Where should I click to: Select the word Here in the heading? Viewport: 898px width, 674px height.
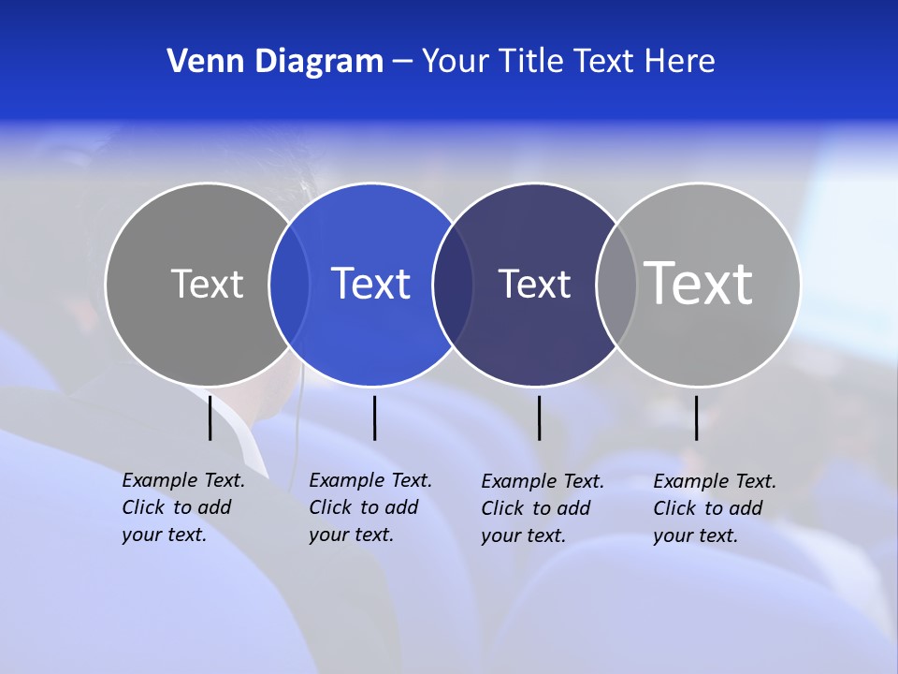[680, 62]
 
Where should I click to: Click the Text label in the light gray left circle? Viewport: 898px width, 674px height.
[207, 284]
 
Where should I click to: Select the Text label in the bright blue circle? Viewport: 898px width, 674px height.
[371, 284]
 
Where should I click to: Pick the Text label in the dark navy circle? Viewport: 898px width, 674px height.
[534, 284]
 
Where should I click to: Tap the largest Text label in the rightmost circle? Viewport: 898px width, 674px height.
[699, 284]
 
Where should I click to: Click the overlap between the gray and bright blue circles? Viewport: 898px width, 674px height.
[289, 284]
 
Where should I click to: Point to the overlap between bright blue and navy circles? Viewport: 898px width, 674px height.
[453, 284]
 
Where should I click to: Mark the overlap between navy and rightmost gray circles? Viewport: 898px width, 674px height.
[616, 284]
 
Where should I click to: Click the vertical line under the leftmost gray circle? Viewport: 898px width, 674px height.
[210, 418]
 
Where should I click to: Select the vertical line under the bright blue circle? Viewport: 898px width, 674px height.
[374, 418]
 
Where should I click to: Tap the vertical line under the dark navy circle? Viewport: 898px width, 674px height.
[539, 418]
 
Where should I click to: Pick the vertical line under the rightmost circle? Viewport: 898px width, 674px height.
[696, 418]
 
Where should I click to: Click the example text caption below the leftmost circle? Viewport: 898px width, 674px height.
[183, 507]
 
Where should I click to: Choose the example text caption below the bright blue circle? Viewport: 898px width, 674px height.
[370, 507]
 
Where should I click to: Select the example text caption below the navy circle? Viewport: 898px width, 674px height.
[543, 508]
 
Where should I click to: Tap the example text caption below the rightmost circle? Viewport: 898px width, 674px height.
[715, 508]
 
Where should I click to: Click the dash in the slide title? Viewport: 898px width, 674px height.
[402, 63]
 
